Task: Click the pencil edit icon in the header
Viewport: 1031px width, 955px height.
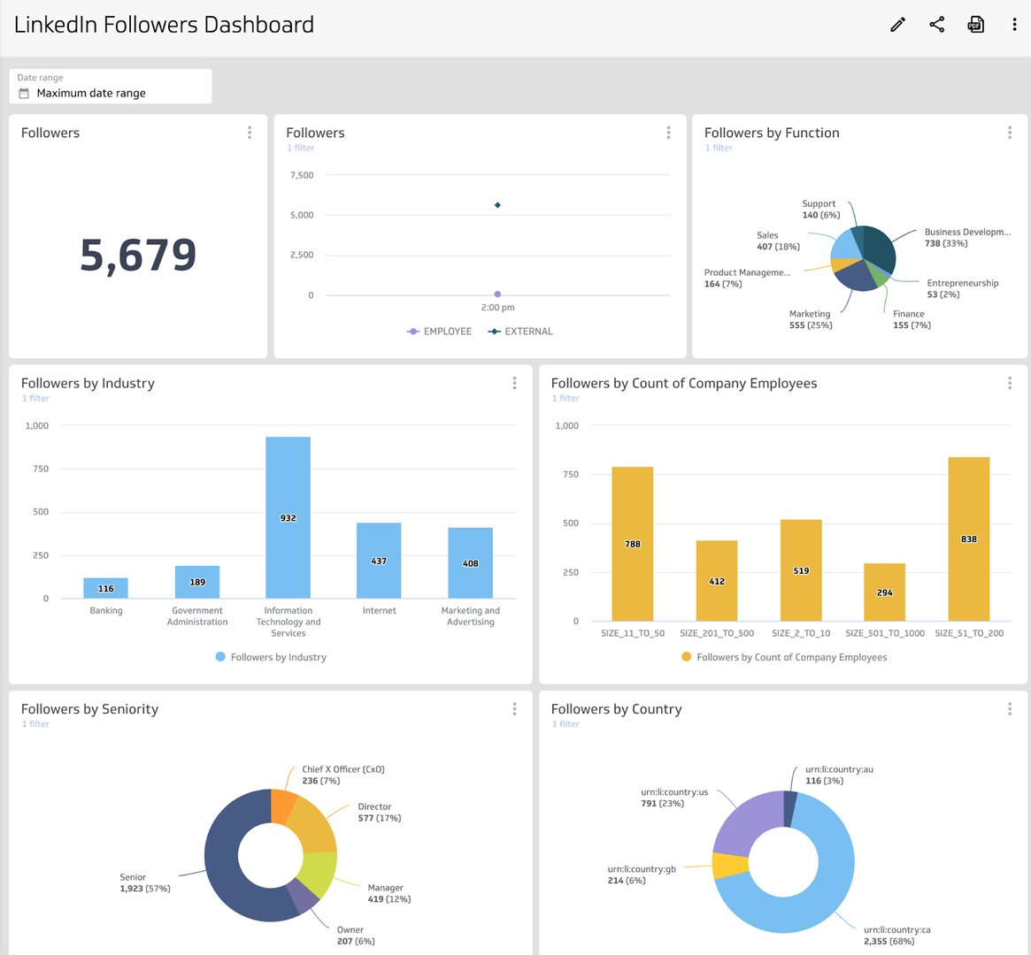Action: click(897, 25)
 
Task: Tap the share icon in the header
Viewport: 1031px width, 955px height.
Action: click(937, 25)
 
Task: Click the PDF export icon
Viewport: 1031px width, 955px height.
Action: click(975, 25)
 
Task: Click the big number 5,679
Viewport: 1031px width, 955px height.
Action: click(138, 256)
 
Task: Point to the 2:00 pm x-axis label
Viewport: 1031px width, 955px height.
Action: click(497, 308)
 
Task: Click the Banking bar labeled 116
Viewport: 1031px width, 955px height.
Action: click(105, 588)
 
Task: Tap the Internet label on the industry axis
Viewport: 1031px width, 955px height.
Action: click(379, 611)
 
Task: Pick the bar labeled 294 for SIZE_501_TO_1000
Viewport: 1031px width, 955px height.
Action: click(884, 592)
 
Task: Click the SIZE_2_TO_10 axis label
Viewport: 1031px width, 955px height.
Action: click(801, 633)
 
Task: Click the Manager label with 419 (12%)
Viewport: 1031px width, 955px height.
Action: click(389, 893)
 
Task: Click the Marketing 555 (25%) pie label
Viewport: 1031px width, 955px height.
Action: click(810, 319)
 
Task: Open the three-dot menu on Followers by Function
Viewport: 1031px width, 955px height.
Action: click(1009, 133)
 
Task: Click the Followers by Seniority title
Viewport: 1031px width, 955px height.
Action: click(89, 709)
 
